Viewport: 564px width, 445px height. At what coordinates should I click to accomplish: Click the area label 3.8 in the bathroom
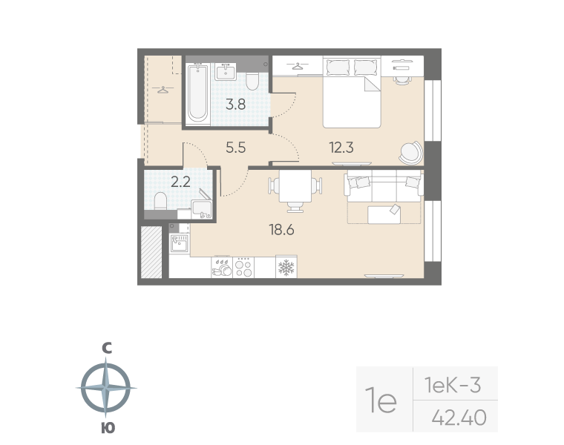pos(236,105)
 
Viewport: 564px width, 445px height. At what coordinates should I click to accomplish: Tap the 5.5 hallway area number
pos(235,147)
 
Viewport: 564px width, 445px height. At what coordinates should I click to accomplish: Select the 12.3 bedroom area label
pos(341,147)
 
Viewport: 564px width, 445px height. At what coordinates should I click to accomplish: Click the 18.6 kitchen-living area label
pos(281,230)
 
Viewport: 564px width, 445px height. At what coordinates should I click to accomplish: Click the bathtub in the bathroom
pos(197,93)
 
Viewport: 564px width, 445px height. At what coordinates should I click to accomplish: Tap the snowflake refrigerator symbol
pos(286,267)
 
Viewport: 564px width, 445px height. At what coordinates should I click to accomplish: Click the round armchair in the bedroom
pos(410,153)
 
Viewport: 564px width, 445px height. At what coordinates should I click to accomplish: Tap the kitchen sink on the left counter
pos(179,242)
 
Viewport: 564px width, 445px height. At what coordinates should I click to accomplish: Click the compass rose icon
pos(107,387)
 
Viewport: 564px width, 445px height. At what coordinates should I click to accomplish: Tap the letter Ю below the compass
pos(107,427)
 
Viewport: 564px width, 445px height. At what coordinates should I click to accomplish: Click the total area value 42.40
pos(459,419)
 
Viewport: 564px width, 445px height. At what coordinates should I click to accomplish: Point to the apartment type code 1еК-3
pos(453,385)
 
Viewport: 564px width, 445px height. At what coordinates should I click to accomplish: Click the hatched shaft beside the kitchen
pos(151,252)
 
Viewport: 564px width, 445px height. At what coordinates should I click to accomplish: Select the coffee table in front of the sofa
pos(384,214)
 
